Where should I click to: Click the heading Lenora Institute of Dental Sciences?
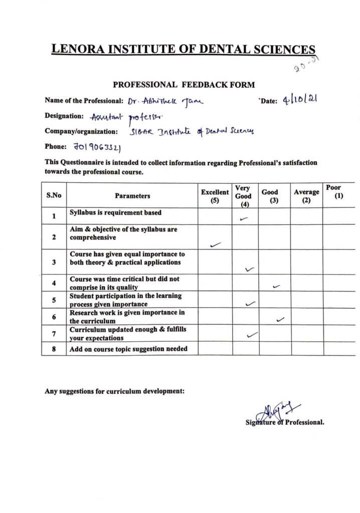pos(184,49)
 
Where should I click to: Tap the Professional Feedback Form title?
pos(184,85)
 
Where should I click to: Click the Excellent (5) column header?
pos(215,196)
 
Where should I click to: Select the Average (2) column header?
pos(306,196)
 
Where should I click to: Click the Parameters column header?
pos(132,196)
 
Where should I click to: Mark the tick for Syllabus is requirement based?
pos(245,218)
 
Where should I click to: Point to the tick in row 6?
pos(280,319)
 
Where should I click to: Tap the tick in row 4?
pos(276,287)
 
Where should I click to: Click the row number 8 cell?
pos(54,349)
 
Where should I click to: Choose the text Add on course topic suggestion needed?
pos(128,349)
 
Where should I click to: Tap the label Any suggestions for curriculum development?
pos(115,391)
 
